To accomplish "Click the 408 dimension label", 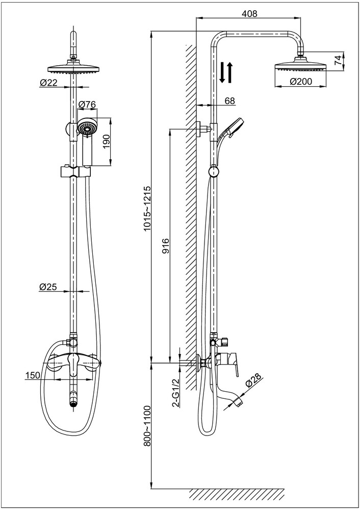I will [x=249, y=14].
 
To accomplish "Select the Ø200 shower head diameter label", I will [x=301, y=81].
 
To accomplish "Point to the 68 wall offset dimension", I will [x=229, y=100].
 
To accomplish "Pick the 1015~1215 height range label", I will [x=147, y=209].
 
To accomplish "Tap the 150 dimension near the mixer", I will [x=33, y=375].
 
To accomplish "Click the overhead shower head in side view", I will [x=301, y=67].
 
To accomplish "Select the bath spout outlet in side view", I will [x=240, y=402].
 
